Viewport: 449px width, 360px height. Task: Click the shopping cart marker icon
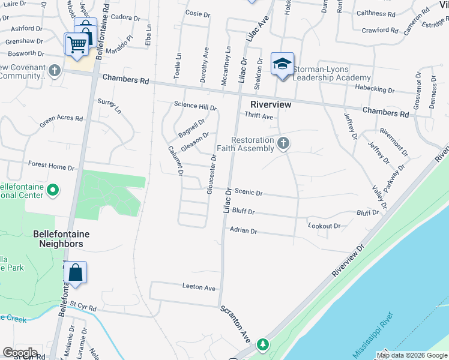77,44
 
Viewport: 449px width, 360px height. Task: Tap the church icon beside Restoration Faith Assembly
284,143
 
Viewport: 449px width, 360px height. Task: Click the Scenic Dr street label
249,192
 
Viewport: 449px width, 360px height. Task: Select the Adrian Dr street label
243,230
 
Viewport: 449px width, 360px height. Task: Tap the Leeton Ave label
199,288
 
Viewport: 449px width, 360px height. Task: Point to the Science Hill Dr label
194,106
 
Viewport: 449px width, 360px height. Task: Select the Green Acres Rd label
61,122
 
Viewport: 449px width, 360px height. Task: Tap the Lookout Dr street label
324,226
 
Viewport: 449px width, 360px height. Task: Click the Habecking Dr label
374,91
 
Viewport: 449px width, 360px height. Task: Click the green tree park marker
262,345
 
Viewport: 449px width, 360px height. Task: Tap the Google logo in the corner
20,353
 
